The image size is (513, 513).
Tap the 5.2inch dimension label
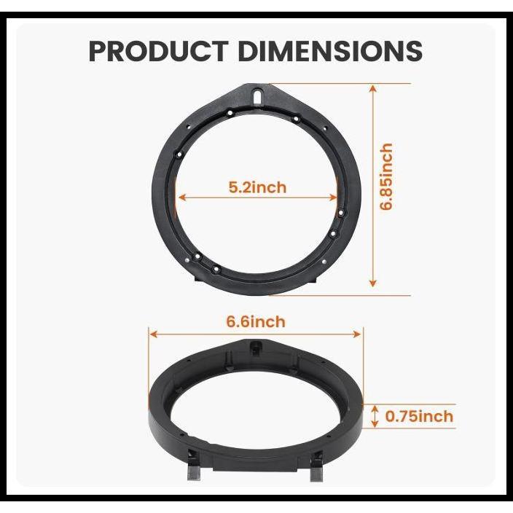point(257,187)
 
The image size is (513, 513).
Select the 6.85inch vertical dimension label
point(386,177)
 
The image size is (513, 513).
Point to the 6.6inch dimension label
point(256,321)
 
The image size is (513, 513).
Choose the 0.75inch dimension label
point(419,417)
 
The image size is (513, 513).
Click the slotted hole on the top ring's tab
point(259,95)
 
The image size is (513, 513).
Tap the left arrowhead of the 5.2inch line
point(180,197)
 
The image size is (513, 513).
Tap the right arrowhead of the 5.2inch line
point(337,197)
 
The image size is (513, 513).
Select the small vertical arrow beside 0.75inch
point(375,417)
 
